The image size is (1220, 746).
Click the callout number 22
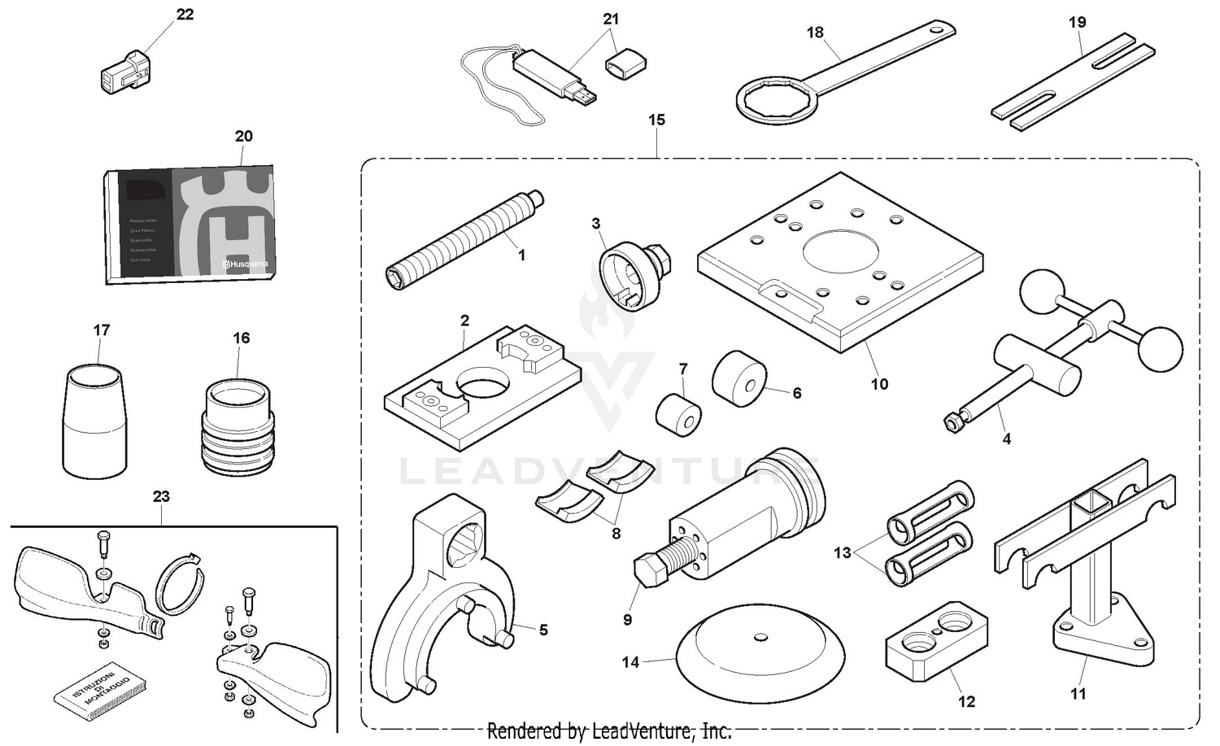[x=185, y=15]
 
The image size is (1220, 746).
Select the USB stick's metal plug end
[x=586, y=98]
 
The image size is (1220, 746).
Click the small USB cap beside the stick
[x=625, y=63]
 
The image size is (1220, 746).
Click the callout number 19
[x=1077, y=22]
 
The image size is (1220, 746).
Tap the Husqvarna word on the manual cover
[x=247, y=264]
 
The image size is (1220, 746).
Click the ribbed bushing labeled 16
[x=238, y=428]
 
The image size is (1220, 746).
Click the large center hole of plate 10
[x=841, y=252]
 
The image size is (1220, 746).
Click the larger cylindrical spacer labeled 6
[x=739, y=379]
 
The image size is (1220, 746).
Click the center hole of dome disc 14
[x=760, y=637]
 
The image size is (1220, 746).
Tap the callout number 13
[x=842, y=552]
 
